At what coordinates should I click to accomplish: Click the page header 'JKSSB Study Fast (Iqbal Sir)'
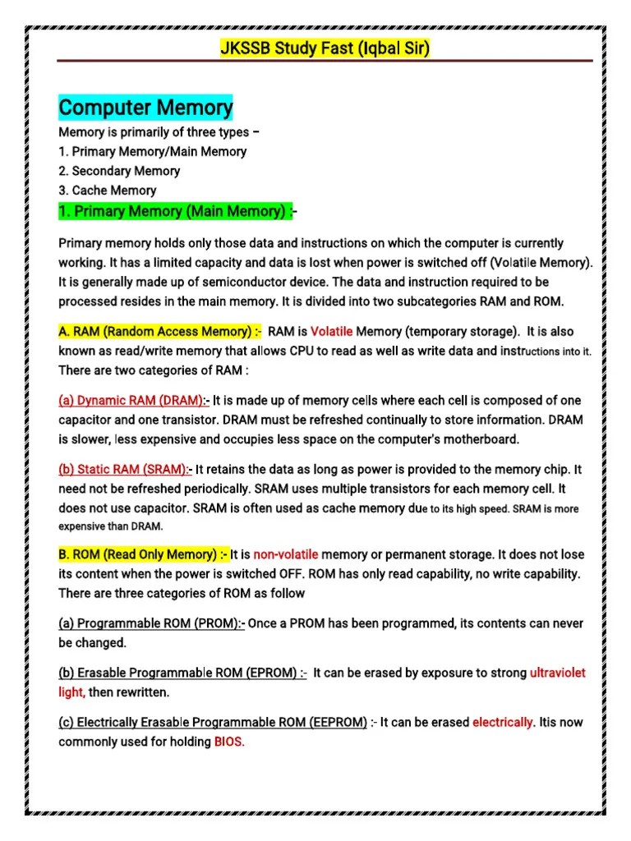coord(325,48)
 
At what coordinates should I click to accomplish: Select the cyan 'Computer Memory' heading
coord(146,108)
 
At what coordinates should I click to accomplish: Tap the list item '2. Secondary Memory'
coord(119,171)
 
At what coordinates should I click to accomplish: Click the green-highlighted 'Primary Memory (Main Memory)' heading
coord(175,211)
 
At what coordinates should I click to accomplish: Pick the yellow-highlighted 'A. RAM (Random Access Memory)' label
coord(160,332)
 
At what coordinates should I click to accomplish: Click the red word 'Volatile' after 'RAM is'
coord(331,332)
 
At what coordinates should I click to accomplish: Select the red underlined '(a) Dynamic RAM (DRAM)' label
coord(132,401)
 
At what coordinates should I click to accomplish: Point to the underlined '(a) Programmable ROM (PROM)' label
coord(151,623)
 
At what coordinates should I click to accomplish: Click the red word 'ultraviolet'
coord(558,673)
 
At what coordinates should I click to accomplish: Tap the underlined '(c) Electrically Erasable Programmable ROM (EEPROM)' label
coord(213,723)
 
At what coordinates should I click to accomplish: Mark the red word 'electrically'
coord(503,723)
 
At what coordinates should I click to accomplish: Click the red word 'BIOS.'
coord(230,742)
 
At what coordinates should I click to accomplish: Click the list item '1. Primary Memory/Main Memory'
coord(153,151)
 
